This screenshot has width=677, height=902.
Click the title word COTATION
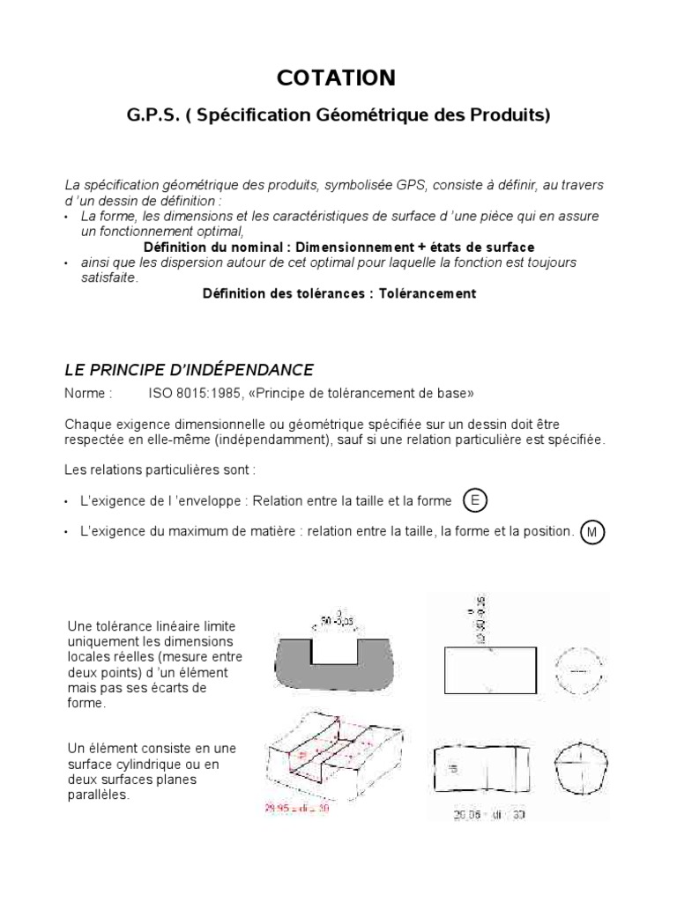point(336,78)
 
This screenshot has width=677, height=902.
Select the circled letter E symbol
point(475,501)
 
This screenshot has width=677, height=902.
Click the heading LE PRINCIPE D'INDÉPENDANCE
point(190,368)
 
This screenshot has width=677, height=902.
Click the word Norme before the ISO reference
point(88,392)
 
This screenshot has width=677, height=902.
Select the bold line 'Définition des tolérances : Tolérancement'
point(339,293)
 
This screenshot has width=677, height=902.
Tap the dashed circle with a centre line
point(579,670)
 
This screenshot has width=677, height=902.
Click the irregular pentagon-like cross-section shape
point(579,765)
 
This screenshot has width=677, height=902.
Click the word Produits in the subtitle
point(510,116)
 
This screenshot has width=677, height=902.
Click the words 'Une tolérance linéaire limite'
point(152,625)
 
